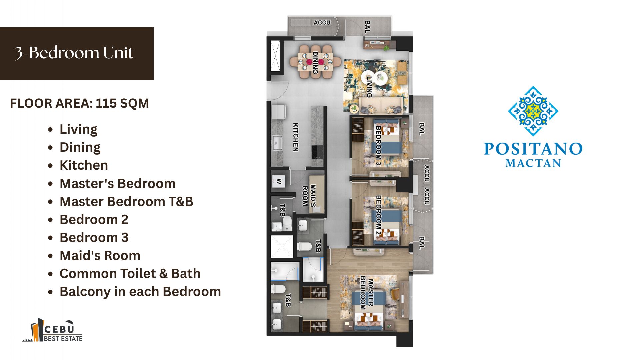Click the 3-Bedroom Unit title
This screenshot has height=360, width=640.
pos(74,53)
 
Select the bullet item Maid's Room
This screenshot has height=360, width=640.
pos(100,256)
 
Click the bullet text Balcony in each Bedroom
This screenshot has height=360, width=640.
pos(140,292)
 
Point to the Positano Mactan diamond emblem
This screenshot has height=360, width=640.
pos(533,111)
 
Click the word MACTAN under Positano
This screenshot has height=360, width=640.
pos(533,163)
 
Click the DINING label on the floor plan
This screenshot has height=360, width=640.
pos(315,63)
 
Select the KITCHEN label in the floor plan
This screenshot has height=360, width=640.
pos(295,137)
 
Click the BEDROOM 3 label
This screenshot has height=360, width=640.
pos(378,145)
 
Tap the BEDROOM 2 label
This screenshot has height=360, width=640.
pos(378,215)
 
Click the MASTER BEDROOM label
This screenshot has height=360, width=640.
pos(367,293)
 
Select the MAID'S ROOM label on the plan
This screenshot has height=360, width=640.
pos(309,196)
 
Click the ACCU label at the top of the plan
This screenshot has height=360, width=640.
pos(322,23)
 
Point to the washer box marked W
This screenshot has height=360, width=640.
pos(279,182)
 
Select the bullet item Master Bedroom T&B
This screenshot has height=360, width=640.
pos(126,202)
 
